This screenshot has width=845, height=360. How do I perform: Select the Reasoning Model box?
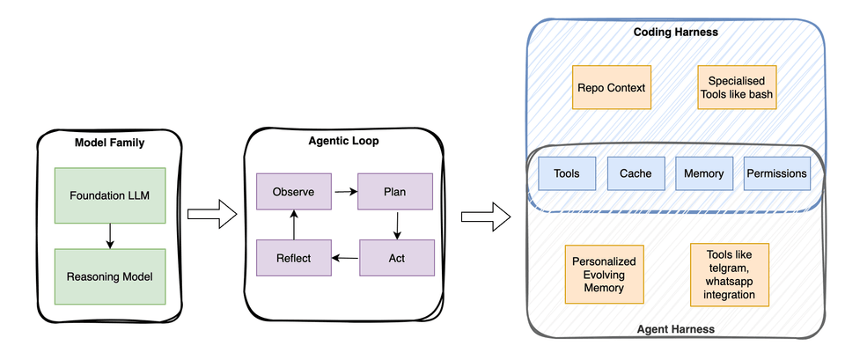click(x=109, y=276)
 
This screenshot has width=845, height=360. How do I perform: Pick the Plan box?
click(x=394, y=191)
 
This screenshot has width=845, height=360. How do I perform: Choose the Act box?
click(x=397, y=258)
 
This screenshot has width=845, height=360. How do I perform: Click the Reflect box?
click(x=293, y=258)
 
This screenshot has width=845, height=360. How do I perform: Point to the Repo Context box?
click(x=612, y=87)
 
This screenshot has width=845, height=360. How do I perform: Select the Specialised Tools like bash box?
click(x=738, y=87)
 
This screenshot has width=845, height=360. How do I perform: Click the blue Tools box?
click(x=566, y=173)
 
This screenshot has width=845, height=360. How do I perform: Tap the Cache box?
click(x=636, y=173)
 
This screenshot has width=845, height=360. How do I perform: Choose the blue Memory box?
click(x=703, y=173)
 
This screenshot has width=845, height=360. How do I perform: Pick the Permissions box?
click(x=776, y=173)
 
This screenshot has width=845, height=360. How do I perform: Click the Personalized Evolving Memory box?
click(x=604, y=276)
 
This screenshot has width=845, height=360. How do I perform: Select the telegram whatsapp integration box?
click(x=730, y=275)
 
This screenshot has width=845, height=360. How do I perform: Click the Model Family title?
click(x=109, y=143)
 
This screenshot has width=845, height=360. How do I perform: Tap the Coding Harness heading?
click(x=676, y=33)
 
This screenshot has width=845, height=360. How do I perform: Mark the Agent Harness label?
click(x=675, y=328)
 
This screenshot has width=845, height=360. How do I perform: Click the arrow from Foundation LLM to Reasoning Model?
click(x=109, y=235)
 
